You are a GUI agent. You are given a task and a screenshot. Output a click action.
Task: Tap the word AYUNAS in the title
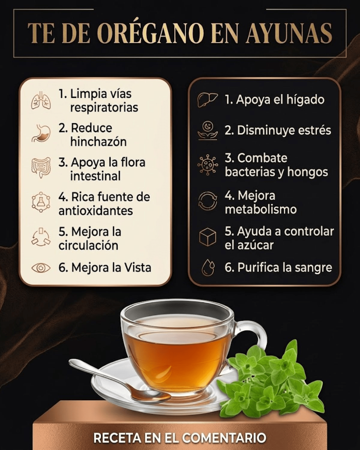(289, 34)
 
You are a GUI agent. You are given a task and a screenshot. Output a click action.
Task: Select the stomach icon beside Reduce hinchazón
(41, 133)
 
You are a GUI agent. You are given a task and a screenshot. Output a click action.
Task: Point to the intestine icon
(41, 167)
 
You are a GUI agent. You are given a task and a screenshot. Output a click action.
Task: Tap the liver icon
(207, 100)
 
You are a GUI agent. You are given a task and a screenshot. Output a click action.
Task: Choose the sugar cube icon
(208, 237)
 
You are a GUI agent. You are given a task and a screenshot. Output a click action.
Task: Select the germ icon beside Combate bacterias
(208, 165)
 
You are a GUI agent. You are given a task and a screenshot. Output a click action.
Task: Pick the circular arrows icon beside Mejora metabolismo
(208, 201)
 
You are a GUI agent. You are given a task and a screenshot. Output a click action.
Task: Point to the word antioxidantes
(96, 211)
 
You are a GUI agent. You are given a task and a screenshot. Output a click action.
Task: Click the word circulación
(88, 245)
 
